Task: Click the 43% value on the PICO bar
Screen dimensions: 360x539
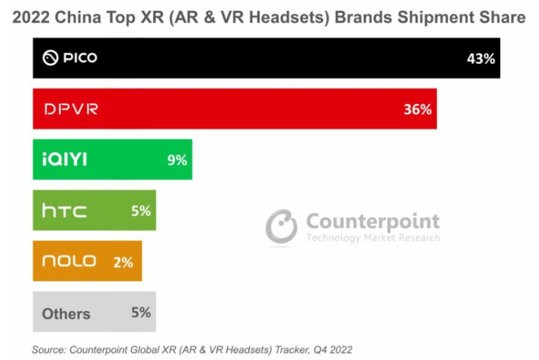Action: click(481, 58)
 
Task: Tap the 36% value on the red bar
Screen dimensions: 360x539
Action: click(417, 109)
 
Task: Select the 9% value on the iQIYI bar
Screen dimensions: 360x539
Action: click(177, 160)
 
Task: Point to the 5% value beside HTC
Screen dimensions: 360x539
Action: click(141, 211)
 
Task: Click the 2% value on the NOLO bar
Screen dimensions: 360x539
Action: click(123, 262)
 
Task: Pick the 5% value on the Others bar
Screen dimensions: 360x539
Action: click(141, 312)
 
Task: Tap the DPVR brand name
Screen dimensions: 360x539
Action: click(70, 109)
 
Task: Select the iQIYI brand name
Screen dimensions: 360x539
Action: click(64, 160)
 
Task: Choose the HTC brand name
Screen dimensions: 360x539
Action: click(64, 211)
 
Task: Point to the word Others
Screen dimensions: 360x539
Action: click(66, 314)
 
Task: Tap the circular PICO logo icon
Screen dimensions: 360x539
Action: click(50, 58)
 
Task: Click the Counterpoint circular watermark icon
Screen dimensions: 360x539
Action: click(281, 226)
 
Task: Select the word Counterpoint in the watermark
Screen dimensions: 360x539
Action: click(373, 221)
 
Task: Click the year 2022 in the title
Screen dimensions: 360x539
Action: click(34, 16)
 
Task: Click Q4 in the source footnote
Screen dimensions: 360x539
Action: click(320, 350)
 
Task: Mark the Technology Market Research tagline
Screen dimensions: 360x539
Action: click(373, 238)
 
